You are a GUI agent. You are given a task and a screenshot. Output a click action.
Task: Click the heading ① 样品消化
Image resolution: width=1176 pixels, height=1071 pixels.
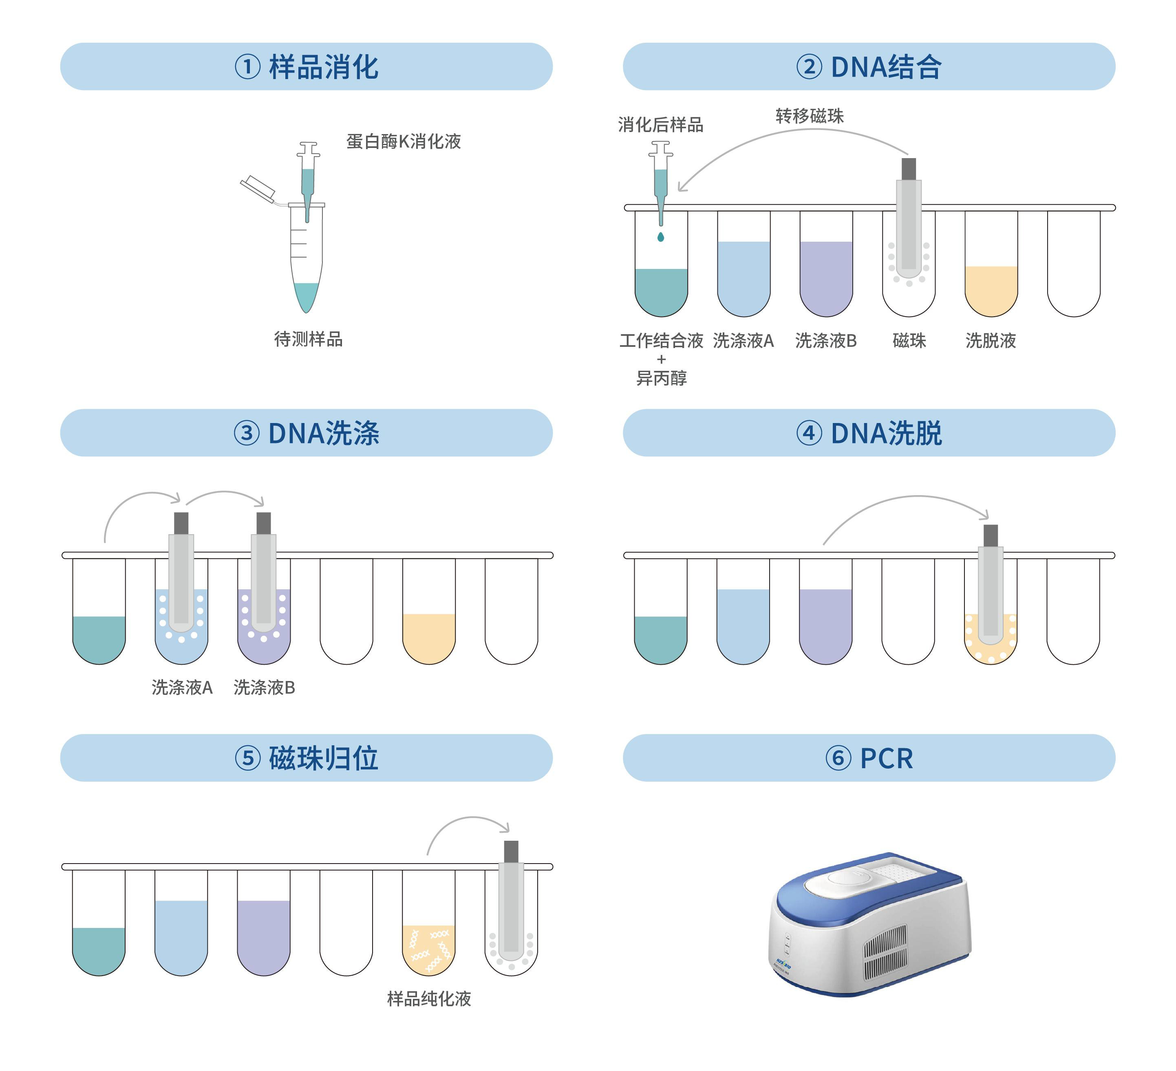[x=306, y=66]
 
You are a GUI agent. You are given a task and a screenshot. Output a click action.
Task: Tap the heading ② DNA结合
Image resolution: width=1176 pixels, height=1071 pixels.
[x=869, y=66]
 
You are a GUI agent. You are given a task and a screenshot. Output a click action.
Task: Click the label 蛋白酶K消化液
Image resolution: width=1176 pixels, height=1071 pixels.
[x=404, y=141]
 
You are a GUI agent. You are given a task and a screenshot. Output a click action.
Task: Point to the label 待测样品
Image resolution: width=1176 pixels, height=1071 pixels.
[x=309, y=339]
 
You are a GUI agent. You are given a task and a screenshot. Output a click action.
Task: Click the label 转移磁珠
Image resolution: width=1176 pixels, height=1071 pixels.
[x=810, y=116]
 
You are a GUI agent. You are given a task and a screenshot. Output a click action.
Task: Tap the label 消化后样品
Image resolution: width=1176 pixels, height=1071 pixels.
[x=661, y=124]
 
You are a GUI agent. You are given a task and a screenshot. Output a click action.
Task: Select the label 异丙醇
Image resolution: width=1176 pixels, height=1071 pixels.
[x=662, y=378]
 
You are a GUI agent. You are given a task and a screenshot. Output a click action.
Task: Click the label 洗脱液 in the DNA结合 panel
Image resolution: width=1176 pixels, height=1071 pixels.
[x=991, y=341]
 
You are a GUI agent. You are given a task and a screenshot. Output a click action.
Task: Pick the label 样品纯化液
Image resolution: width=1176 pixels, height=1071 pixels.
[x=429, y=999]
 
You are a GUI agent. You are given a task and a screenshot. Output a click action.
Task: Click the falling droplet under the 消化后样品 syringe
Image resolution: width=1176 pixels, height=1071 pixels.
[x=661, y=236]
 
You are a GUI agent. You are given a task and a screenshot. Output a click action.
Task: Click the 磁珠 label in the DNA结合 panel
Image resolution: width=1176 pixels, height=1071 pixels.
[x=909, y=341]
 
